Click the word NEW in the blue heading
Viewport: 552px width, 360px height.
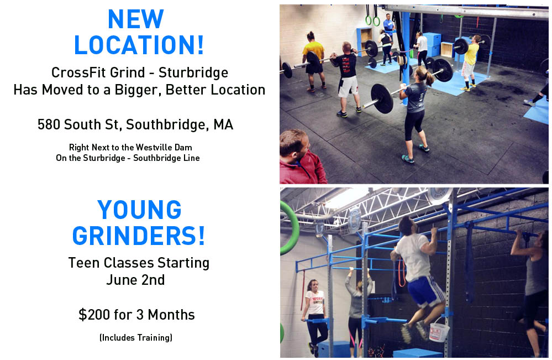(x=136, y=19)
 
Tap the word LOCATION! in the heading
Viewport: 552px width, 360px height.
(x=139, y=45)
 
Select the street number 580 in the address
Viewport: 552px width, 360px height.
(x=49, y=124)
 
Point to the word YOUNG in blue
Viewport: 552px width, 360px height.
(x=139, y=210)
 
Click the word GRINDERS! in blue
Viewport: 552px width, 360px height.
(x=139, y=236)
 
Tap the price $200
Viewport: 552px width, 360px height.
(x=91, y=315)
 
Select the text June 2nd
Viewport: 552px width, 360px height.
(x=135, y=280)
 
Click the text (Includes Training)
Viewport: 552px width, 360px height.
(x=136, y=337)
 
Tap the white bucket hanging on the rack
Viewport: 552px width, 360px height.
(x=439, y=331)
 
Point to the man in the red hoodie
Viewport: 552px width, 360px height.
(x=302, y=158)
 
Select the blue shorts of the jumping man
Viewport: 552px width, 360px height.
(x=425, y=291)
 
